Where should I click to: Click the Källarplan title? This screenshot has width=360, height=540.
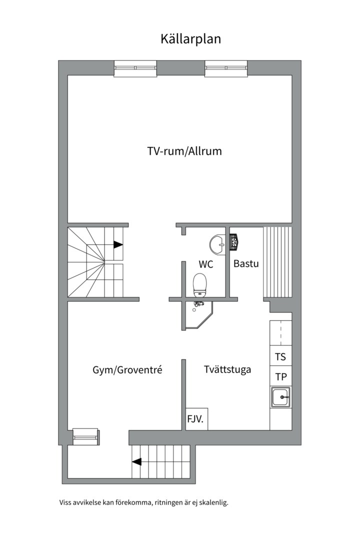(x=190, y=39)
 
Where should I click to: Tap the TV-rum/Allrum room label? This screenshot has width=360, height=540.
(x=184, y=151)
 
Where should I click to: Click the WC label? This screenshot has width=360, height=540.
(x=205, y=264)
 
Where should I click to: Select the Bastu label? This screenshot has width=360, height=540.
(x=246, y=263)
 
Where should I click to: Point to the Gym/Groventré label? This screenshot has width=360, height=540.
(x=127, y=370)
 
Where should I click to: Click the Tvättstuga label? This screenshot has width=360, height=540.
(x=227, y=369)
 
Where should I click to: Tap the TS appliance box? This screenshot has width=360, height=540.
(x=281, y=356)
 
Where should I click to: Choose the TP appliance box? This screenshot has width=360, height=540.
(x=281, y=376)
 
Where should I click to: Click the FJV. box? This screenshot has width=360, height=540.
(x=196, y=419)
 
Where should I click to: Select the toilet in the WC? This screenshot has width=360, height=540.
(x=199, y=285)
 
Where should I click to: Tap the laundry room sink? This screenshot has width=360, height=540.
(x=281, y=397)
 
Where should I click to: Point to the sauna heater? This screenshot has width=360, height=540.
(x=234, y=241)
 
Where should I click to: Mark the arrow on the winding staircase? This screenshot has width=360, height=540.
(x=118, y=244)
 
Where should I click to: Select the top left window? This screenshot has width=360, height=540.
(x=135, y=68)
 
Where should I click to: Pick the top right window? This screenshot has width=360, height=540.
(x=226, y=68)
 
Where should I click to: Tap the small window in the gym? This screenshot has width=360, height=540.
(x=86, y=436)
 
